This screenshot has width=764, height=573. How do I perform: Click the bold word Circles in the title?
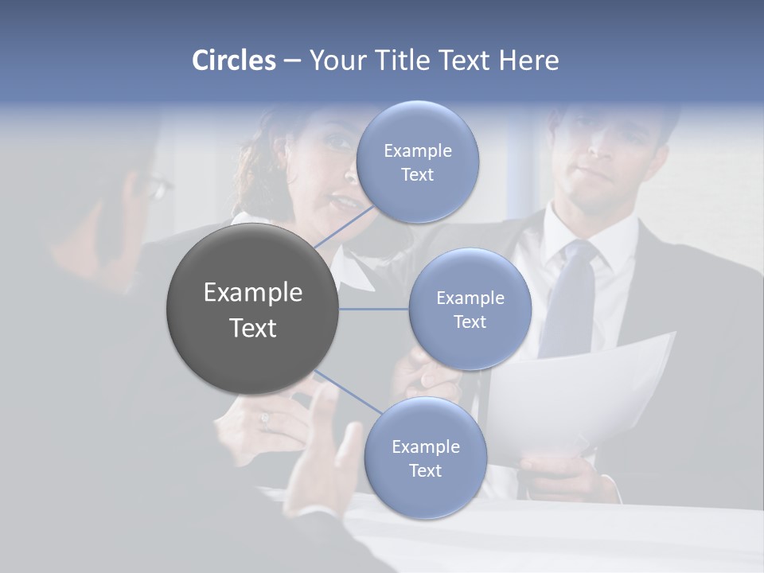click(233, 60)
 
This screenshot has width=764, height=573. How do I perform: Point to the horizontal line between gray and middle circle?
click(374, 309)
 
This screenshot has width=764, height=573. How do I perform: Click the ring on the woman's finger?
click(265, 420)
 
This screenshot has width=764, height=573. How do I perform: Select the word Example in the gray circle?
click(252, 293)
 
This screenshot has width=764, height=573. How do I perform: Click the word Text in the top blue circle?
click(417, 175)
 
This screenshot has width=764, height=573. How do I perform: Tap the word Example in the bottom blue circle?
click(425, 446)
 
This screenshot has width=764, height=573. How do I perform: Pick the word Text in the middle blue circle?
click(470, 322)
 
